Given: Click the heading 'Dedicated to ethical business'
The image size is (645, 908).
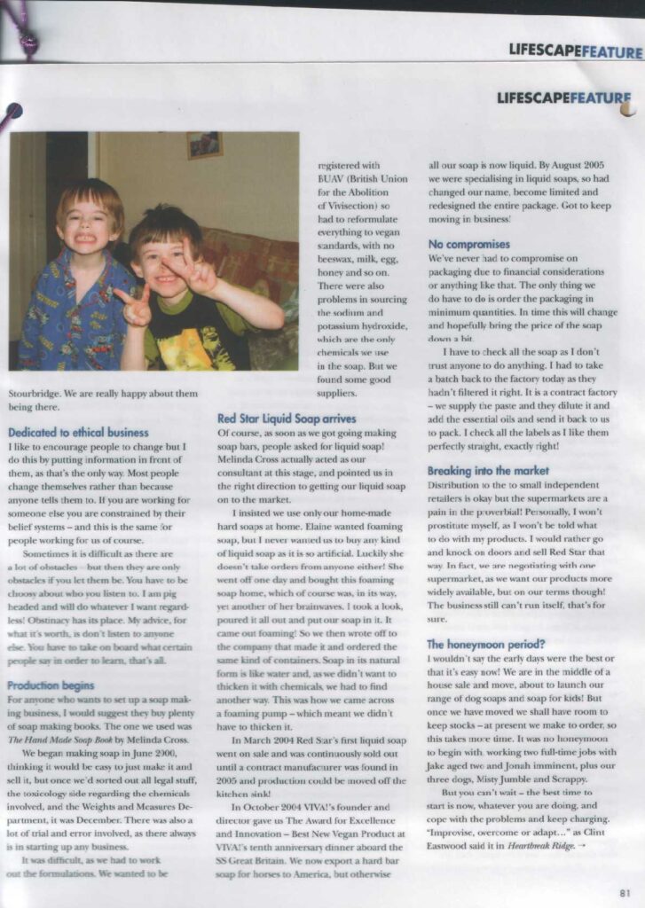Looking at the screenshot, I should coord(78,433).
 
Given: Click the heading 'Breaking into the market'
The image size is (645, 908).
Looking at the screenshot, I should coord(488,471).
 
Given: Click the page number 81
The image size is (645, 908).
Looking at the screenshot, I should coord(625,893).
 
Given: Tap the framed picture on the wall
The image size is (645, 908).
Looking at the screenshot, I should coord(204,145).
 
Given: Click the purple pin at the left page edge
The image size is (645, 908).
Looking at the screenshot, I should coord(12,113).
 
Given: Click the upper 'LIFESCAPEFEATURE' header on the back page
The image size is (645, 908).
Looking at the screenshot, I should coord(574,51).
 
